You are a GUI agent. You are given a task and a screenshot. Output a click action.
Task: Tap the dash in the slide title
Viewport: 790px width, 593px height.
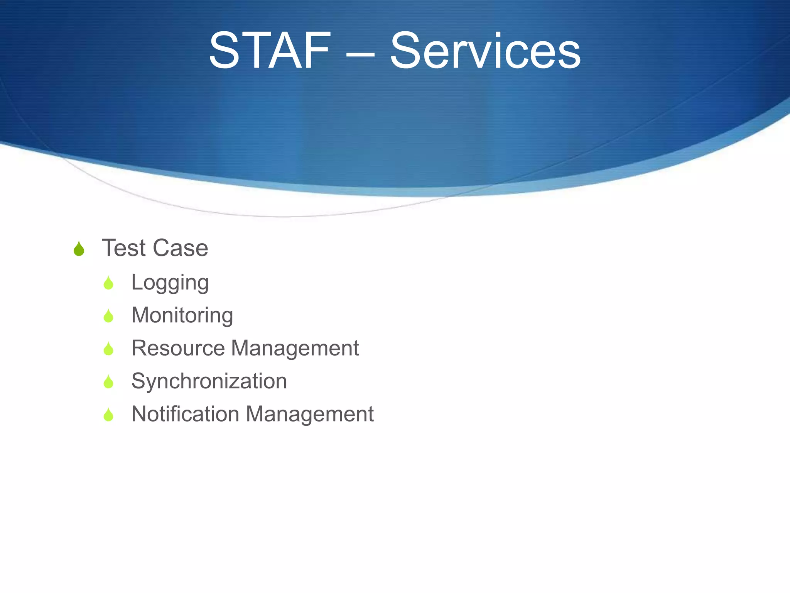360,54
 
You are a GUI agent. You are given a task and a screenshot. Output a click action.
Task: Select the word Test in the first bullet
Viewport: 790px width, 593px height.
124,247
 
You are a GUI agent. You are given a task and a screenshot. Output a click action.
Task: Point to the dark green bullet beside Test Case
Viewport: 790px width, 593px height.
79,249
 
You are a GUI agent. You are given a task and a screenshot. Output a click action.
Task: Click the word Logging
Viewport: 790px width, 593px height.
170,282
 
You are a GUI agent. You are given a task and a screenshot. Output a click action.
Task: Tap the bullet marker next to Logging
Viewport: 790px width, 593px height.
108,283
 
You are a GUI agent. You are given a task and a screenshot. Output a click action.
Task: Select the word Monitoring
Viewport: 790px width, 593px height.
182,315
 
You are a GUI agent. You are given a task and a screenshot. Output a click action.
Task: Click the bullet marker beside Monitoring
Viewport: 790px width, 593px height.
108,316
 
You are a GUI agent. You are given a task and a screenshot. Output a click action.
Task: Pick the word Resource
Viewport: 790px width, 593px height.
178,348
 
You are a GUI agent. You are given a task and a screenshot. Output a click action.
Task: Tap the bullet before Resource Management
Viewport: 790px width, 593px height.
108,349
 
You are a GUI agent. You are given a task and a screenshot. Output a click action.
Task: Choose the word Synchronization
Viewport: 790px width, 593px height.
209,381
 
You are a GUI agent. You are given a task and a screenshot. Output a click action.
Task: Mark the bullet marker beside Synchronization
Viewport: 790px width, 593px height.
108,382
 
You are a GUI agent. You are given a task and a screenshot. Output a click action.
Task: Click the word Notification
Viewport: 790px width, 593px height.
185,414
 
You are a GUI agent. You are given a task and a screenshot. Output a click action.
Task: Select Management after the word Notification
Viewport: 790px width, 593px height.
309,414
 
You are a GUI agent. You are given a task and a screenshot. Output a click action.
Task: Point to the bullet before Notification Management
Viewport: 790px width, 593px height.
108,415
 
